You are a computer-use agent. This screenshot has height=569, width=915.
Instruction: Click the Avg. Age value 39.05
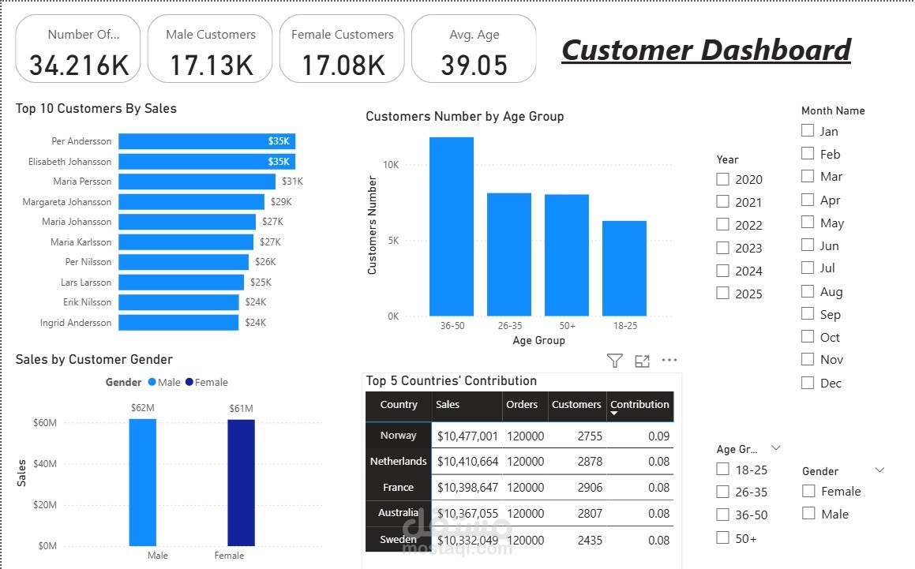tap(474, 65)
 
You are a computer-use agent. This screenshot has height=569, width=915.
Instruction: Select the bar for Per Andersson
tap(206, 141)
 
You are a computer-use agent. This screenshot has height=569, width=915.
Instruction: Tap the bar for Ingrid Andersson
tap(178, 323)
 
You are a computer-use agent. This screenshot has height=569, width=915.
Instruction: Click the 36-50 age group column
tap(452, 226)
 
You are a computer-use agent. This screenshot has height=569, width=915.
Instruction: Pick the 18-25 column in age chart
tap(624, 268)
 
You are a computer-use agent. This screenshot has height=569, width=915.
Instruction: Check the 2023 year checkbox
tap(723, 248)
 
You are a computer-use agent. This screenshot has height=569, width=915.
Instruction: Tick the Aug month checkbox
tap(808, 291)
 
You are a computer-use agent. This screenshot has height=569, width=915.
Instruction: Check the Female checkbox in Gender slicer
tap(808, 491)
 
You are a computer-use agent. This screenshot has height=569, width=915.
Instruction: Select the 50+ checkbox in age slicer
tap(723, 538)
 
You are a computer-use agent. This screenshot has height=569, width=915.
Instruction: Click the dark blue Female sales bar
tap(241, 482)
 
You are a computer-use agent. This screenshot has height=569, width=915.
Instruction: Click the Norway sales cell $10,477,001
tap(467, 436)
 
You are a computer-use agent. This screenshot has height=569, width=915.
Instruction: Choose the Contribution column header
tap(639, 405)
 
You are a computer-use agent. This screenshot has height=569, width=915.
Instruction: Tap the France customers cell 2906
tap(589, 488)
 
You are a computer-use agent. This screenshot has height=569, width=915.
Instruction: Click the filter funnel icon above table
tap(614, 361)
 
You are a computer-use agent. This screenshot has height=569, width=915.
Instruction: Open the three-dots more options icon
tap(669, 361)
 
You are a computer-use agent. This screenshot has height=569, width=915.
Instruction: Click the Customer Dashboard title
tap(706, 51)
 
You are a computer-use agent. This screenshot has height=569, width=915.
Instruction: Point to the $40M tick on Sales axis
tap(44, 464)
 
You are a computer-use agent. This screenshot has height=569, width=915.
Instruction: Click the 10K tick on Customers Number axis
tap(392, 165)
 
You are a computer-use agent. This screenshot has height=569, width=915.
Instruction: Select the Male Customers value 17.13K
tap(211, 65)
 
